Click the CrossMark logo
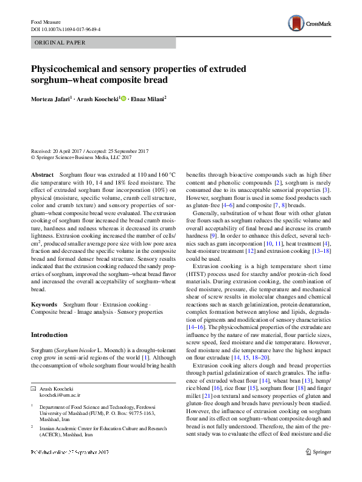[310, 24]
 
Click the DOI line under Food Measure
[66, 29]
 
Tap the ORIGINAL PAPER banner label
[60, 43]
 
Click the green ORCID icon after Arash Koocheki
[124, 98]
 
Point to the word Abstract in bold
[42, 174]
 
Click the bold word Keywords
[44, 303]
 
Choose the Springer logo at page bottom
[319, 469]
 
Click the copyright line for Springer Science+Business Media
[81, 157]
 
